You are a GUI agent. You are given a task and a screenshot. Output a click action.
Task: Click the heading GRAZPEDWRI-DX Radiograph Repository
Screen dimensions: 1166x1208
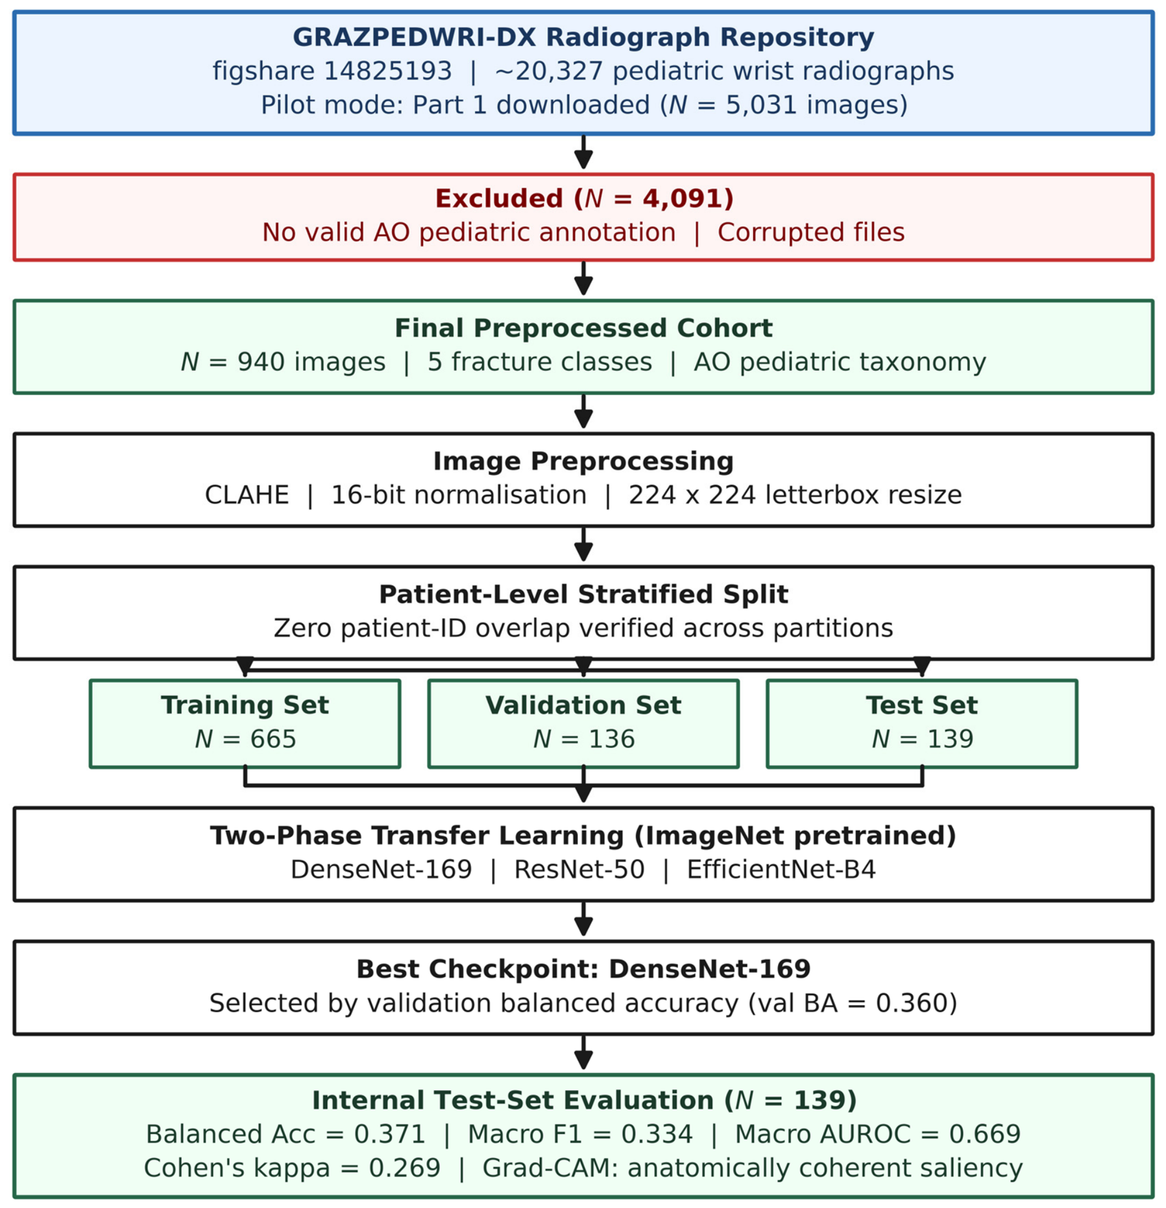[583, 37]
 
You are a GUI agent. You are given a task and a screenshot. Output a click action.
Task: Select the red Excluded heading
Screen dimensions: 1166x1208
[584, 199]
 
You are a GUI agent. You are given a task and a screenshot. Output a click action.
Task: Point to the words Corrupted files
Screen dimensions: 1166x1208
[811, 232]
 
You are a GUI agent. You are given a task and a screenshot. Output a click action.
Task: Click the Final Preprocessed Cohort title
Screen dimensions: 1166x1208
[583, 328]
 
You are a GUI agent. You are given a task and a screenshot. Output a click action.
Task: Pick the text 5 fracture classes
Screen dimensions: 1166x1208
[539, 362]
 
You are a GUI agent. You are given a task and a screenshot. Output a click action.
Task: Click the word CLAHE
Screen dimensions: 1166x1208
[247, 495]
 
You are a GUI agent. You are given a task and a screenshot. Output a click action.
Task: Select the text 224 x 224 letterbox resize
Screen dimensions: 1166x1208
[795, 495]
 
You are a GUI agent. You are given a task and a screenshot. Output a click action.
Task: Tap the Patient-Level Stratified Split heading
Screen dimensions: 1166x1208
[583, 594]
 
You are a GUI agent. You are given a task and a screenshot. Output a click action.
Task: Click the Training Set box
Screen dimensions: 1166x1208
[245, 723]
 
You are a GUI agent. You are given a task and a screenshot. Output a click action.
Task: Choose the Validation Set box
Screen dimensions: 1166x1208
[583, 723]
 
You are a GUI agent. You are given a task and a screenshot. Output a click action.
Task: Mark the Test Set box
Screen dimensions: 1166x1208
[922, 723]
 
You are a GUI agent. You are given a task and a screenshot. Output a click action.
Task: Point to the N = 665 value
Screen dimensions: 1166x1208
[245, 739]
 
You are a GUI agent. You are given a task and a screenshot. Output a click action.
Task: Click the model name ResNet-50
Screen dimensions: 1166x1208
[579, 870]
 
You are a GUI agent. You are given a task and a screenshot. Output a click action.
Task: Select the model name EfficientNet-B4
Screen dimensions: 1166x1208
[781, 870]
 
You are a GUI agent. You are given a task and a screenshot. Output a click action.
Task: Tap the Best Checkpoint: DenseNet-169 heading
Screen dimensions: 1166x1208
[583, 969]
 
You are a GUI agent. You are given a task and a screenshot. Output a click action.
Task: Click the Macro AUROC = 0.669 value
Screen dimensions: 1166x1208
[877, 1135]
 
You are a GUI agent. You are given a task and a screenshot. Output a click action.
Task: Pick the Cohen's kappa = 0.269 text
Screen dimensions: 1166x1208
[292, 1168]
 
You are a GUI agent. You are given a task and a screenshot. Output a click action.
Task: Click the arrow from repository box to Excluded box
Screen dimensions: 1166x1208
[583, 152]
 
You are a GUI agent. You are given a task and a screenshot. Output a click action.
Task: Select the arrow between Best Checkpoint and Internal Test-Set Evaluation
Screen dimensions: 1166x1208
[583, 1052]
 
